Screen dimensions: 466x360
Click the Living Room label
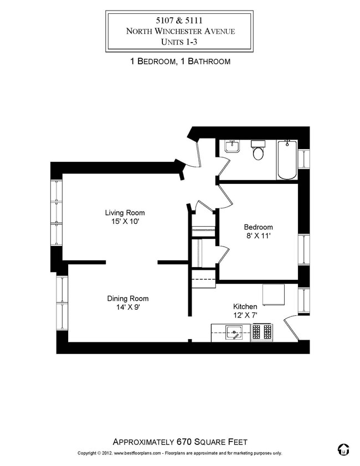click(125, 213)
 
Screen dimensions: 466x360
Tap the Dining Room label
click(128, 299)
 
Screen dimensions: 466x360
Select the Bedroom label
click(259, 227)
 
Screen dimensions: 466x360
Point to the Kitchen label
click(245, 306)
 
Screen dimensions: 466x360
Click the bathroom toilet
click(258, 151)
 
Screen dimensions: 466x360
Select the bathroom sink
click(232, 147)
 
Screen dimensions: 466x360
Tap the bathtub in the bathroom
click(287, 160)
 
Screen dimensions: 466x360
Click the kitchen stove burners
click(263, 332)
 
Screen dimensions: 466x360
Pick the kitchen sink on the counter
click(235, 333)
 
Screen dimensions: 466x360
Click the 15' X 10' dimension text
click(125, 222)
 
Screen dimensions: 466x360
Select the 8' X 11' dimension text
click(259, 236)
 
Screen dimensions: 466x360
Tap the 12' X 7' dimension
click(245, 315)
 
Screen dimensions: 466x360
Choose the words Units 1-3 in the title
click(180, 41)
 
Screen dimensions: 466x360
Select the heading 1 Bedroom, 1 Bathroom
click(180, 62)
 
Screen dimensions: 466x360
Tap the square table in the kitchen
click(273, 295)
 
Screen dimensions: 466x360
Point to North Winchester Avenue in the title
click(180, 31)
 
